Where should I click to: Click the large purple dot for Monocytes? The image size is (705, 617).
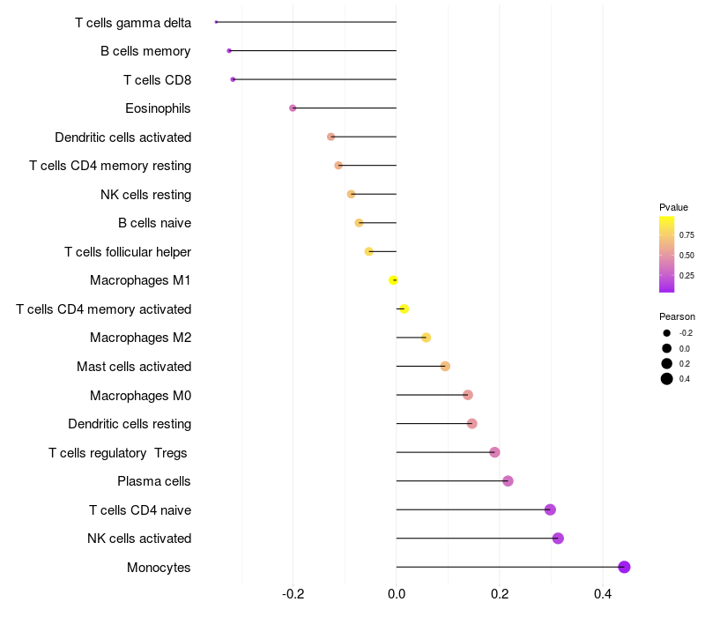[624, 567]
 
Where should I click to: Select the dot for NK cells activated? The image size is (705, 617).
[558, 539]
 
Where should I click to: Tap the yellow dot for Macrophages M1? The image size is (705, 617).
[394, 280]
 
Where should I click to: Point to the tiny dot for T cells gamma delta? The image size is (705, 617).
[216, 22]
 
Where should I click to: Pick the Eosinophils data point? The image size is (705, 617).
[293, 108]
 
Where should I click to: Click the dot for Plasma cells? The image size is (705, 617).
[508, 481]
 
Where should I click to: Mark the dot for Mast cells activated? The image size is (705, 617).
[445, 367]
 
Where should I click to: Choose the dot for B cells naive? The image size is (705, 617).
[359, 223]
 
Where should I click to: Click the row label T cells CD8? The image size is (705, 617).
[157, 80]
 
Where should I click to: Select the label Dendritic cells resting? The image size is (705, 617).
[130, 424]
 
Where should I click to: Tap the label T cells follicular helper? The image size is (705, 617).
[128, 252]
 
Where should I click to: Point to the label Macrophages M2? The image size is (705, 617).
[141, 338]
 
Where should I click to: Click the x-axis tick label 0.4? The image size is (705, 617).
[603, 595]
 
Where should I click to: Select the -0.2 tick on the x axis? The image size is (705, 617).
[293, 595]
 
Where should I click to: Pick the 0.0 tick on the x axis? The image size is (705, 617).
[397, 595]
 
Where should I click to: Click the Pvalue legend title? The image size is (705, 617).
[673, 207]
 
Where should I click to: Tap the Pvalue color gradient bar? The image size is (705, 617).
[667, 254]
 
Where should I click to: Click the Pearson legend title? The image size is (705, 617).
[677, 316]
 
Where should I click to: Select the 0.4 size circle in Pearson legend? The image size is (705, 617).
[667, 379]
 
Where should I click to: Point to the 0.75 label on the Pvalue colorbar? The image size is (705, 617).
[686, 235]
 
